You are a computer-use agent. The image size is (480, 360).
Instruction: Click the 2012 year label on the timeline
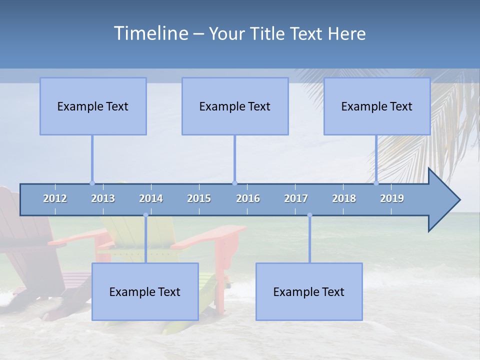coord(55,198)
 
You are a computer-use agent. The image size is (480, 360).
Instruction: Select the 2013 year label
coord(103,198)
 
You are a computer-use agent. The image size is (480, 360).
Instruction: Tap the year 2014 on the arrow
coord(151,198)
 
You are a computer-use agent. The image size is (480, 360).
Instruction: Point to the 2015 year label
coord(199,198)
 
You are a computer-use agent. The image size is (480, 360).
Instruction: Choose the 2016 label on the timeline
coord(248,198)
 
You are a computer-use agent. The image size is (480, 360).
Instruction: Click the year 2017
coord(296,198)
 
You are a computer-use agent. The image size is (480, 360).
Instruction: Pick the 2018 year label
coord(344,198)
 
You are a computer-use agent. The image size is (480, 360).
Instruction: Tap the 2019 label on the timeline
coord(392,198)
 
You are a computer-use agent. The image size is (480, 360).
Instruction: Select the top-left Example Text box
coord(93,106)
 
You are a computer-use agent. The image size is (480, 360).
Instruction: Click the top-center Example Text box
coord(235,106)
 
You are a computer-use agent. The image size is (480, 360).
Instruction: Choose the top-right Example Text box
coord(377,106)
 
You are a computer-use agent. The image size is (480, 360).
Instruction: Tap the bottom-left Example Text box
coord(145,291)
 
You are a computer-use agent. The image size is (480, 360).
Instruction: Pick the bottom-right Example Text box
coord(309,291)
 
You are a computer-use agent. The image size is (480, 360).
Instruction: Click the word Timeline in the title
coord(150,33)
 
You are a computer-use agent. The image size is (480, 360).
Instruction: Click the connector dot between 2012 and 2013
coord(92,183)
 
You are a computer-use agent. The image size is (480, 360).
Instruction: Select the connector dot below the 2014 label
coord(145,215)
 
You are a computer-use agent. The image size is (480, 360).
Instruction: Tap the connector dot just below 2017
coord(309,215)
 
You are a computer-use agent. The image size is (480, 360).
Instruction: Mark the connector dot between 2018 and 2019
coord(376,183)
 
